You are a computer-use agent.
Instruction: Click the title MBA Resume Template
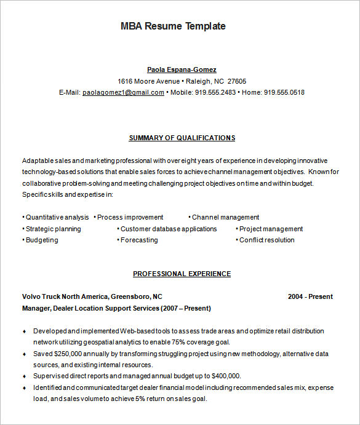[x=173, y=26]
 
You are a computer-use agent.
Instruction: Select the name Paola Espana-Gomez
[x=182, y=70]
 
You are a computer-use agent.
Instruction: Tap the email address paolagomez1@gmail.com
[x=123, y=92]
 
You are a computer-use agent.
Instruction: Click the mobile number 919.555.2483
[x=215, y=92]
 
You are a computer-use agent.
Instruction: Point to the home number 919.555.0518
[x=284, y=92]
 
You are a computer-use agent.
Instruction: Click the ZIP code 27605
[x=236, y=81]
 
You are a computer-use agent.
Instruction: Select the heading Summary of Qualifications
[x=182, y=138]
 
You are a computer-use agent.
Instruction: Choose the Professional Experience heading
[x=182, y=274]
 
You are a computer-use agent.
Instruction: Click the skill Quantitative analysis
[x=57, y=217]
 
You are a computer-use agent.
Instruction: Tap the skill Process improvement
[x=130, y=217]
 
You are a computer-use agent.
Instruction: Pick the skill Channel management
[x=225, y=217]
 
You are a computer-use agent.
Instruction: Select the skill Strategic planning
[x=53, y=229]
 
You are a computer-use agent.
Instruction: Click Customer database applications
[x=169, y=229]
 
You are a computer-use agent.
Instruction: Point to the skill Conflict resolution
[x=266, y=240]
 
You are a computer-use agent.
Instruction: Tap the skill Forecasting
[x=138, y=240]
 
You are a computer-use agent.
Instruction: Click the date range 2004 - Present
[x=310, y=296]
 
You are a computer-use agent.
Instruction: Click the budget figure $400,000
[x=225, y=376]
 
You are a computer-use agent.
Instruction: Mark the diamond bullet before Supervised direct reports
[x=25, y=376]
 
